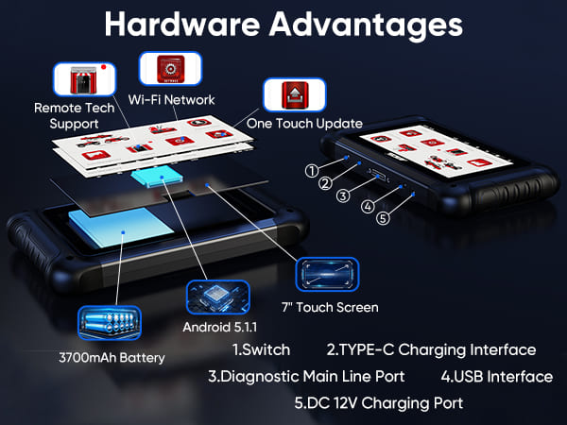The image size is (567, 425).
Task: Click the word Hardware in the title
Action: pos(182,24)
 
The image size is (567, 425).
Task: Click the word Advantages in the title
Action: pos(366,26)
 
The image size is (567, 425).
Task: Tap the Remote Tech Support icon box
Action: pos(85,79)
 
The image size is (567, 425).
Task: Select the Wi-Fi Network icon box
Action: pos(170,69)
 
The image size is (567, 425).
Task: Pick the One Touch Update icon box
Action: pos(295,95)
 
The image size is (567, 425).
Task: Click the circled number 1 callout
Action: pos(312,171)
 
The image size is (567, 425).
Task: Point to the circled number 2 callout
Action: pos(325,183)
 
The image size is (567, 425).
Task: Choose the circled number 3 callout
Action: pos(343,195)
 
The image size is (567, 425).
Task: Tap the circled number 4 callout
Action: pos(368,207)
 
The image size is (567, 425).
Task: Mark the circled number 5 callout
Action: pos(383,218)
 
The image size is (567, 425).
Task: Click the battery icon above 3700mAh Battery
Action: pos(110,323)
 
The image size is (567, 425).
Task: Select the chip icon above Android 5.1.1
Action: pos(218,297)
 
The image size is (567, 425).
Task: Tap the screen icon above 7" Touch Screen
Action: pos(327,274)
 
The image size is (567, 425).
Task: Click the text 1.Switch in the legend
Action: pos(261,349)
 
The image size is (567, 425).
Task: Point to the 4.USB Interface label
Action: pos(497,377)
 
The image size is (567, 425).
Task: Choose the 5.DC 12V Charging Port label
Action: pos(379,403)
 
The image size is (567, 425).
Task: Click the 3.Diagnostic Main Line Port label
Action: pos(306,377)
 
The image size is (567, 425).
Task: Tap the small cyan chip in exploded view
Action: pos(157,177)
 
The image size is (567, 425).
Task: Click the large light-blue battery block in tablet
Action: pos(121,227)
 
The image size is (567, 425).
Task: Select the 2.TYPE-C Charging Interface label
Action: pos(431,350)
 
